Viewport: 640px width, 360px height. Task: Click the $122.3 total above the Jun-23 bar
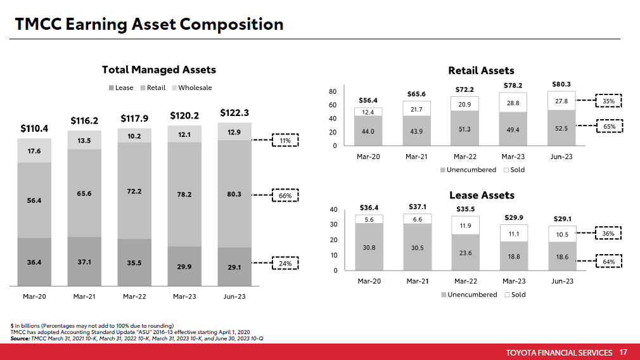pyautogui.click(x=234, y=113)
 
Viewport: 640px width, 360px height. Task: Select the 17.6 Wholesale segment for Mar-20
pyautogui.click(x=34, y=151)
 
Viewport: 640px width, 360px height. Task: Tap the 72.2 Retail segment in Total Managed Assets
pyautogui.click(x=134, y=190)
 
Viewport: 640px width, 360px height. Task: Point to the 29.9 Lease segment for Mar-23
pyautogui.click(x=184, y=267)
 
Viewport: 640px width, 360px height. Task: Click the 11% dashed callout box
pyautogui.click(x=285, y=141)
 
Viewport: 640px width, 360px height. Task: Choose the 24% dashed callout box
pyautogui.click(x=285, y=262)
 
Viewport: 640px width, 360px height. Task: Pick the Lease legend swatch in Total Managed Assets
pyautogui.click(x=112, y=88)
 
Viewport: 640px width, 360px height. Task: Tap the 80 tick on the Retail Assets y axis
pyautogui.click(x=333, y=92)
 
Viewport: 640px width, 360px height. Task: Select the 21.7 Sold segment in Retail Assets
pyautogui.click(x=416, y=110)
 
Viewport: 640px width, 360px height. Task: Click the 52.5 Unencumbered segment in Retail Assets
pyautogui.click(x=561, y=127)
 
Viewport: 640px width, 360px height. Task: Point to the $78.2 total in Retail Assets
pyautogui.click(x=513, y=86)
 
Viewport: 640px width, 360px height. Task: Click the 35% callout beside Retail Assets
pyautogui.click(x=608, y=101)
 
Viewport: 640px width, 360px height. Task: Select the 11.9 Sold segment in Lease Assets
pyautogui.click(x=464, y=226)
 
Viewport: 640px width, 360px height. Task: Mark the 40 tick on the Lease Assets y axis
pyautogui.click(x=333, y=209)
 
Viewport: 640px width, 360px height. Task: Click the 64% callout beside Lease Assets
pyautogui.click(x=608, y=260)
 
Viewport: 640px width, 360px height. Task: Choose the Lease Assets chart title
pyautogui.click(x=482, y=195)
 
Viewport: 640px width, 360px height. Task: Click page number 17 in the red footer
pyautogui.click(x=623, y=352)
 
